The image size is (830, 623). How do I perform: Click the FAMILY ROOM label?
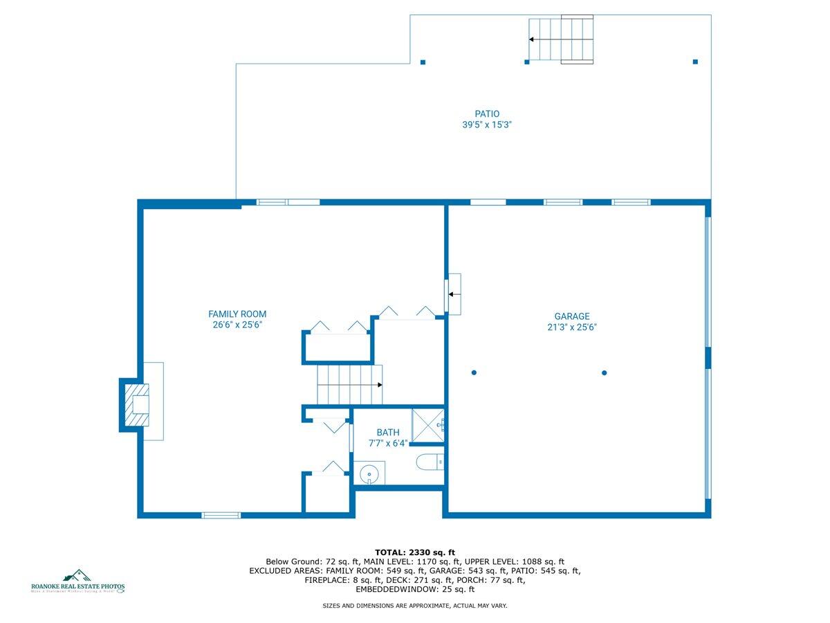click(x=237, y=314)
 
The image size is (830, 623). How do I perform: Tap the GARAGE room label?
click(x=571, y=316)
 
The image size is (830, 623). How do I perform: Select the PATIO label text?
click(x=487, y=114)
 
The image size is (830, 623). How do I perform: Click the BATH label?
click(x=388, y=433)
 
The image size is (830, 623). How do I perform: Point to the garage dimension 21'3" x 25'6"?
click(x=571, y=327)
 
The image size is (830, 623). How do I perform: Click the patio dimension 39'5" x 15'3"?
click(x=487, y=125)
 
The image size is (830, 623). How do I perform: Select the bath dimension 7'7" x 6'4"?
click(x=388, y=444)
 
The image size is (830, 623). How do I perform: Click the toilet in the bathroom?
click(x=429, y=461)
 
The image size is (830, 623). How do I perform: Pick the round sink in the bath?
click(x=370, y=474)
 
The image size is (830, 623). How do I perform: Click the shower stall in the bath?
click(x=427, y=425)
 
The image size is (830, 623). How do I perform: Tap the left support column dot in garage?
click(x=474, y=373)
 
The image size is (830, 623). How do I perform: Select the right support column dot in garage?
click(x=604, y=373)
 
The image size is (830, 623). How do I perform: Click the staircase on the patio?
click(x=561, y=39)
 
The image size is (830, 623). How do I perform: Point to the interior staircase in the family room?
click(x=349, y=385)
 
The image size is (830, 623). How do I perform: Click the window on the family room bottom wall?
click(x=221, y=515)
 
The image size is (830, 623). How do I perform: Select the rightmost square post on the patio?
click(x=695, y=62)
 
